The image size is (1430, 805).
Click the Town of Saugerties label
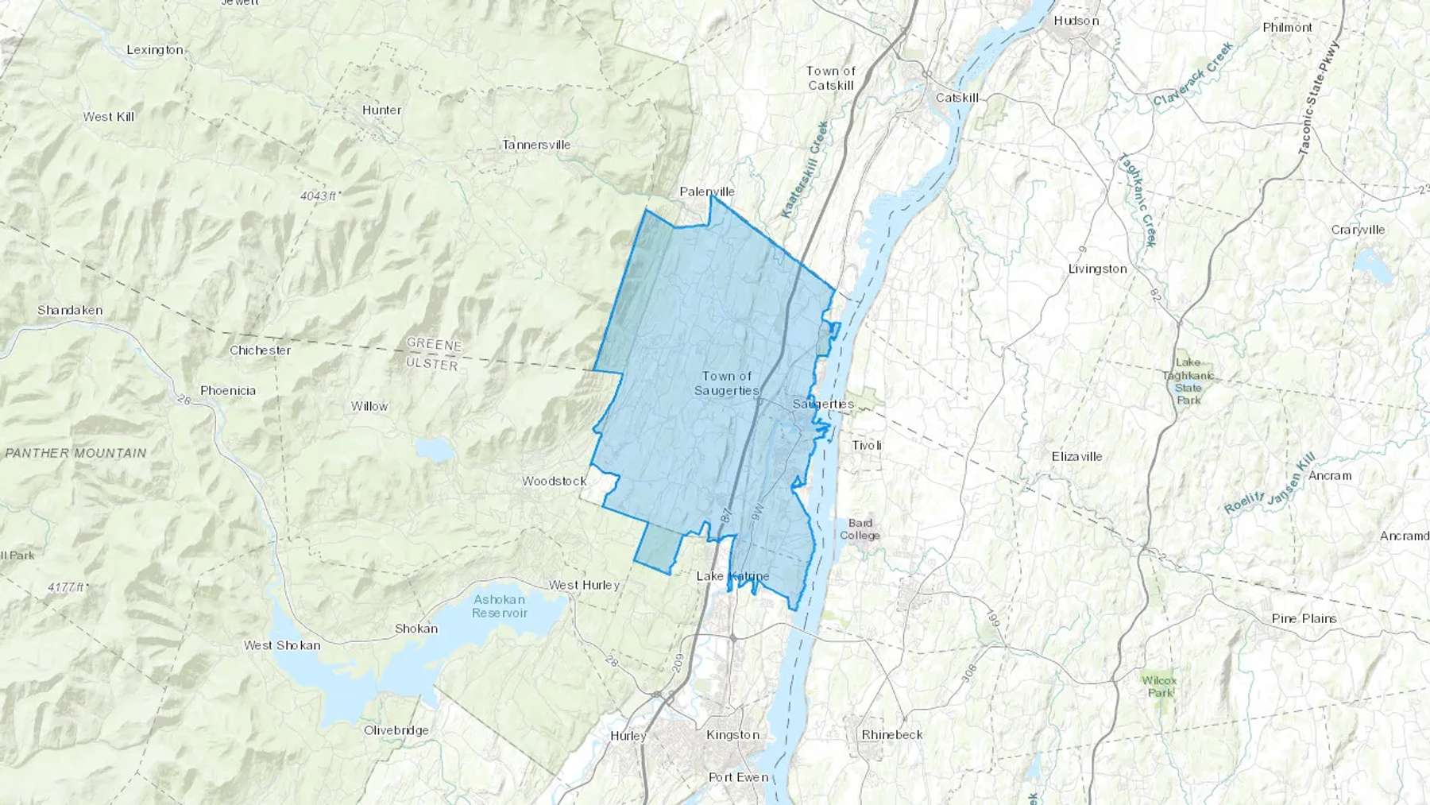(x=726, y=383)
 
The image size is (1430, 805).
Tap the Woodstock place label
(x=554, y=481)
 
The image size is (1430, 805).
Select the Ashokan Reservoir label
(x=500, y=606)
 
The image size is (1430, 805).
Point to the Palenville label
(x=707, y=192)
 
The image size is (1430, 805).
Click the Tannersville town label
(x=536, y=145)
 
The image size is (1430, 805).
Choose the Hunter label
(x=381, y=110)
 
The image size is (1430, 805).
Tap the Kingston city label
(x=732, y=735)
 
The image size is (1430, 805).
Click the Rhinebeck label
(x=892, y=734)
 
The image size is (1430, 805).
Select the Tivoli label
(x=867, y=445)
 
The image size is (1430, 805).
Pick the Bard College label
(x=860, y=529)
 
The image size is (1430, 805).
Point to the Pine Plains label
(x=1304, y=618)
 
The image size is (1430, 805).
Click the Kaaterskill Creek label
(x=805, y=169)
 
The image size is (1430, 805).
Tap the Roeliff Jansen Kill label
(x=1270, y=484)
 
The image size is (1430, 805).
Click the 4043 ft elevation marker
(x=320, y=195)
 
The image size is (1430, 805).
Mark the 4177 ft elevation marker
(x=68, y=587)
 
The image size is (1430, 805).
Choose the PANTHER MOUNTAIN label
(x=76, y=453)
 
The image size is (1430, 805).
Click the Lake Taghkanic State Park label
(x=1188, y=381)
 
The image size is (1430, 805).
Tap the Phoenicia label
(x=228, y=390)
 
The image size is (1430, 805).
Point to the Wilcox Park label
(x=1159, y=686)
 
